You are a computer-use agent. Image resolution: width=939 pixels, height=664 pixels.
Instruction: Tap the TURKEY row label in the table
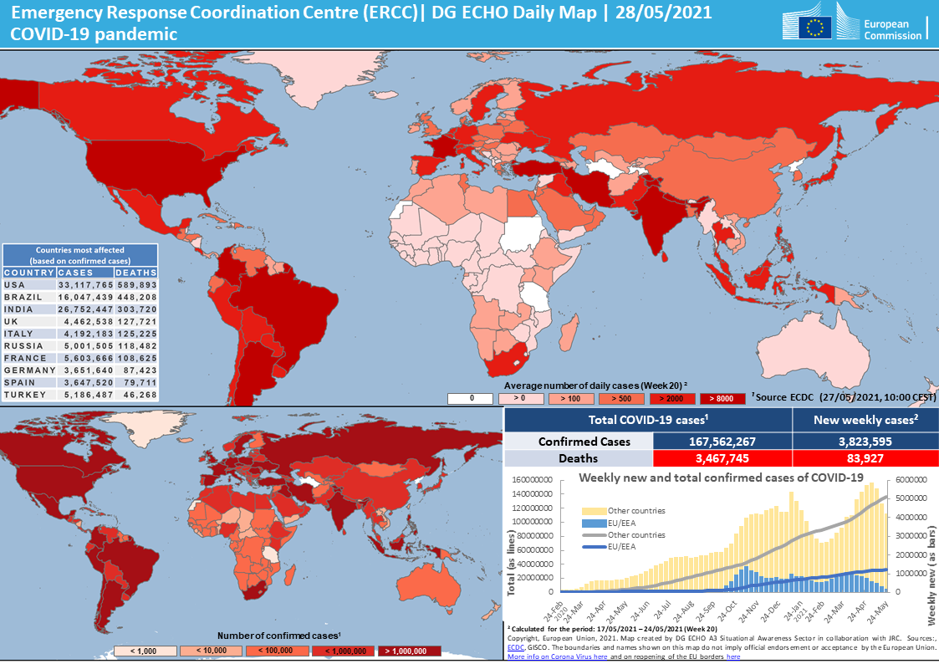tap(25, 395)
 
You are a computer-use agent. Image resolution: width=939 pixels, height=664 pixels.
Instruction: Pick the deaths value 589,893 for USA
tap(136, 285)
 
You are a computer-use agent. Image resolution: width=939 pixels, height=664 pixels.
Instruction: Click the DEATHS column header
tap(135, 273)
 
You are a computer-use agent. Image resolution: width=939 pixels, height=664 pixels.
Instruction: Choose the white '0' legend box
tap(472, 398)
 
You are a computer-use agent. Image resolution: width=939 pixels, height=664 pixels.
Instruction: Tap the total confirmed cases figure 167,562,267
tap(720, 442)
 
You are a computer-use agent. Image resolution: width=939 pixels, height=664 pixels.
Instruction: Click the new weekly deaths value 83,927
tap(865, 458)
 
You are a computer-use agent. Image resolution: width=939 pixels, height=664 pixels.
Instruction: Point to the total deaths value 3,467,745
tap(720, 458)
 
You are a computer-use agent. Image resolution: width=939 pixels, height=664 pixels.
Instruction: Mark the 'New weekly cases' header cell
tap(865, 420)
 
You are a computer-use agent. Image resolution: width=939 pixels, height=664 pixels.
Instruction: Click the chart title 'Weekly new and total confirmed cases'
tap(721, 477)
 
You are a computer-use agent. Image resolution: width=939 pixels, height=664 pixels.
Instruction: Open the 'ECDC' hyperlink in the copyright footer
tap(515, 647)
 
